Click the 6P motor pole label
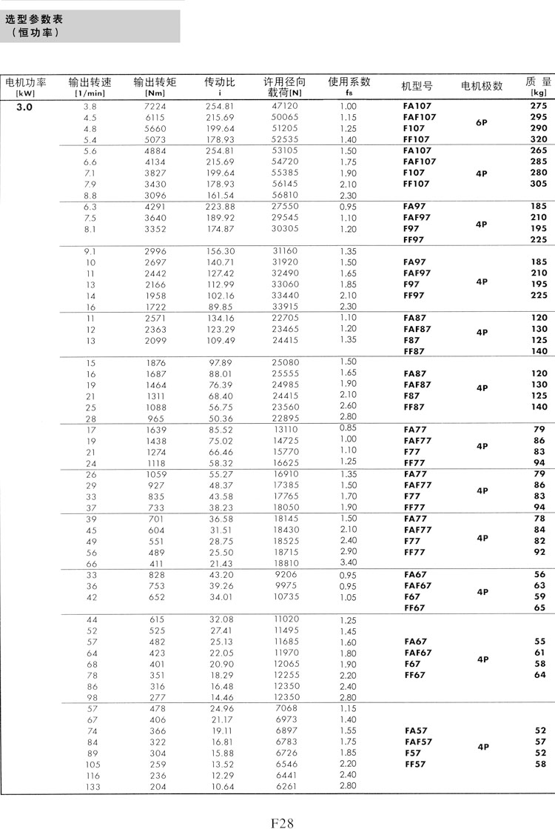tap(481, 123)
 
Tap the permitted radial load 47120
tap(285, 107)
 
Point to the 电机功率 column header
tap(26, 83)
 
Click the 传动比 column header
tap(220, 83)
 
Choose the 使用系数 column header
tap(349, 83)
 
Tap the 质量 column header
tap(538, 83)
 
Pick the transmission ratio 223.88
tap(220, 207)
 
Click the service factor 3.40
tap(348, 564)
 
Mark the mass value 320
tap(538, 139)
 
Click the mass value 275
tap(538, 107)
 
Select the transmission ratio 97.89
tap(220, 362)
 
